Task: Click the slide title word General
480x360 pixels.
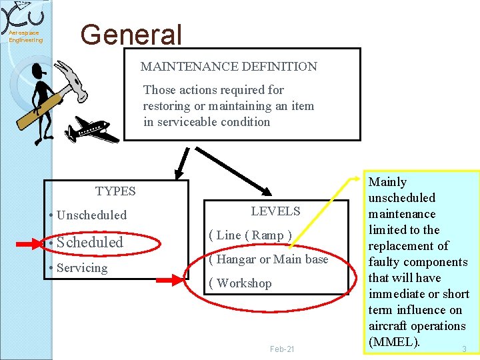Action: click(x=131, y=35)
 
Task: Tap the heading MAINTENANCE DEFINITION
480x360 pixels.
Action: click(x=229, y=67)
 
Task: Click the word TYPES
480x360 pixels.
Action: click(x=115, y=191)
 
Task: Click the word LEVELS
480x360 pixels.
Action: click(x=275, y=211)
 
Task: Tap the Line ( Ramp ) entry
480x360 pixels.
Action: click(x=250, y=235)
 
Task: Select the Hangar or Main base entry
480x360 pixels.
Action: click(x=268, y=259)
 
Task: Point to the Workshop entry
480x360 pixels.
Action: click(x=240, y=283)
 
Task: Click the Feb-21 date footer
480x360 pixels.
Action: click(x=282, y=349)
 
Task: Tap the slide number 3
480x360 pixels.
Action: click(x=464, y=349)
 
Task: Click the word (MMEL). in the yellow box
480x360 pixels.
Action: click(x=394, y=342)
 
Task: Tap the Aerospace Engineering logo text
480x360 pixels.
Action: click(x=25, y=36)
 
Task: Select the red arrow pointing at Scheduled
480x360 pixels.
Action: click(x=28, y=245)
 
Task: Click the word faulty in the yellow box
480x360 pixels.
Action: click(x=384, y=262)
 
